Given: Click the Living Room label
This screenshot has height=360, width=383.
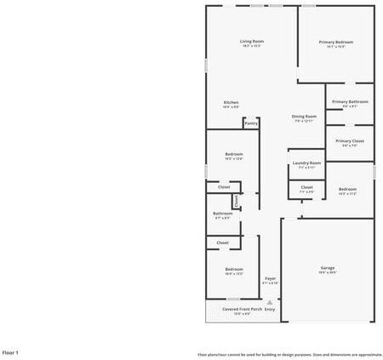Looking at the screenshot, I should (251, 41).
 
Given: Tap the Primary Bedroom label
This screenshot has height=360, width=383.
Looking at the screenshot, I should (336, 42).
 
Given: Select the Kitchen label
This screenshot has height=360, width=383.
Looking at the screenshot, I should (231, 102).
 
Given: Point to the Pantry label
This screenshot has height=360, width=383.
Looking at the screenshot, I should (251, 123).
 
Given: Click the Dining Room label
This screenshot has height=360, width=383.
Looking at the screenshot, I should (304, 116).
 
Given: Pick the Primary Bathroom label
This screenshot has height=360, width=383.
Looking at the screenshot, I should (350, 102).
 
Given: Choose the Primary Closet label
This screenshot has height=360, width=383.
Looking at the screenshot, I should (350, 140).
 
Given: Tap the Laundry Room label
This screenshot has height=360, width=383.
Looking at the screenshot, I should (306, 163).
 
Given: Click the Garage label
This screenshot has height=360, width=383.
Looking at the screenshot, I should (328, 268).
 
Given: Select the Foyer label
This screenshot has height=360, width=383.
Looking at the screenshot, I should (270, 278).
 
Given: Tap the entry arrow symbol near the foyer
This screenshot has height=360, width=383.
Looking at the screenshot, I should (270, 300).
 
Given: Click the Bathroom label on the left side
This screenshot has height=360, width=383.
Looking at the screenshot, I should (222, 213).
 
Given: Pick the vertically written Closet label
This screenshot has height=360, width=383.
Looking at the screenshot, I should (237, 201).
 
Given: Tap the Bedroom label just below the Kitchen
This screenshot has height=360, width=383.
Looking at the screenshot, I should (234, 153).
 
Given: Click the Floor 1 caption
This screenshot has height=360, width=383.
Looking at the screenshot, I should (10, 351).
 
